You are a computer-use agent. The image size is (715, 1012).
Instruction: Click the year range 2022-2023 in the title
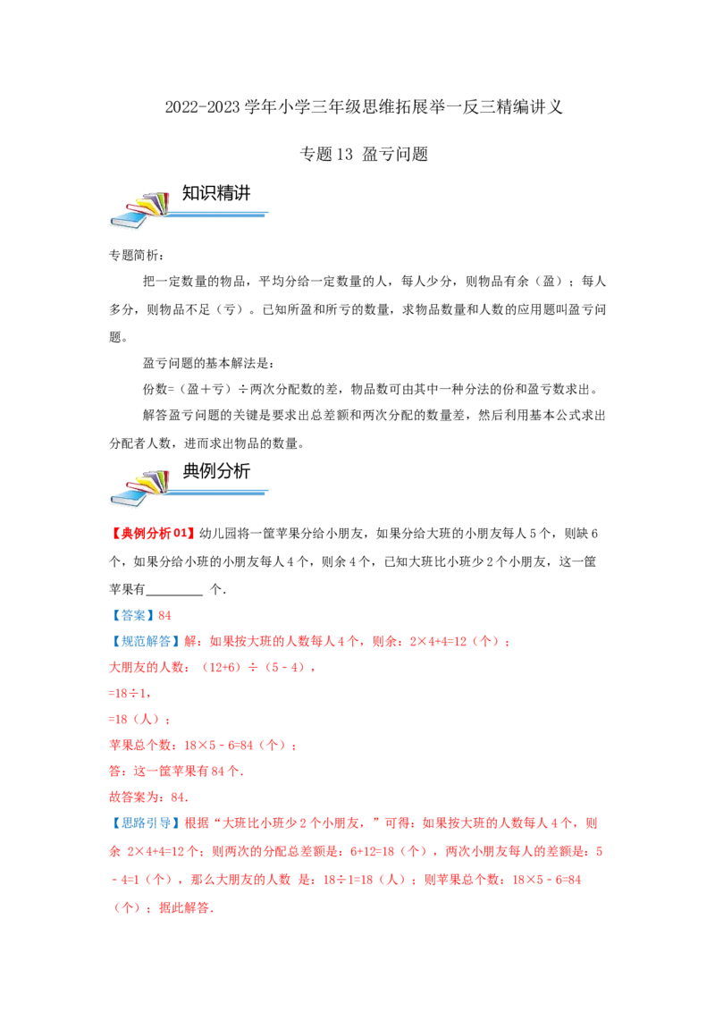click(x=202, y=107)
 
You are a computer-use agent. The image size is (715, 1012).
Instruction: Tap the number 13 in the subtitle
click(x=344, y=155)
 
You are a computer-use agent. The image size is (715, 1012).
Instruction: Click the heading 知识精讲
click(x=216, y=193)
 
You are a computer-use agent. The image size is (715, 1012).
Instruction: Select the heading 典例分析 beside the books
click(x=216, y=471)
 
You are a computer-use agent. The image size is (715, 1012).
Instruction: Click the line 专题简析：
click(x=136, y=256)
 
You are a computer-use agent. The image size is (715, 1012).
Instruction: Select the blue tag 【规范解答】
click(x=145, y=641)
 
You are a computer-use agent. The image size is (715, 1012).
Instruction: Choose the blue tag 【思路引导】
click(x=145, y=822)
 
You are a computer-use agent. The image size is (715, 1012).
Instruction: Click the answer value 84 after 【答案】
click(x=164, y=616)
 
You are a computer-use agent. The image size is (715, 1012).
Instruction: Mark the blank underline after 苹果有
click(x=174, y=594)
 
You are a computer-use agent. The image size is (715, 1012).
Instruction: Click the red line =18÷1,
click(x=130, y=693)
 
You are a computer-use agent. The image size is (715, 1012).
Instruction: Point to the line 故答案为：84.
click(x=148, y=797)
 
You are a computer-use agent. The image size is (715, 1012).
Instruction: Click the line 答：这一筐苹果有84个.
click(x=176, y=771)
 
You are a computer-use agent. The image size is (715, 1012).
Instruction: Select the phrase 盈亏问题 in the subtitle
click(x=395, y=155)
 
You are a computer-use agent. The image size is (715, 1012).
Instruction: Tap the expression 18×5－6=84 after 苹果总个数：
click(x=219, y=746)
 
